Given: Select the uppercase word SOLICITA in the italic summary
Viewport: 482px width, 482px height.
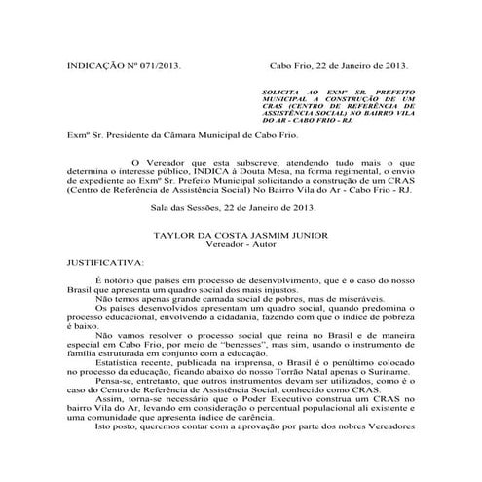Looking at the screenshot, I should [283, 89].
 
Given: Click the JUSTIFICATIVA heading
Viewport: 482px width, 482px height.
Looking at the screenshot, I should [102, 263].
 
